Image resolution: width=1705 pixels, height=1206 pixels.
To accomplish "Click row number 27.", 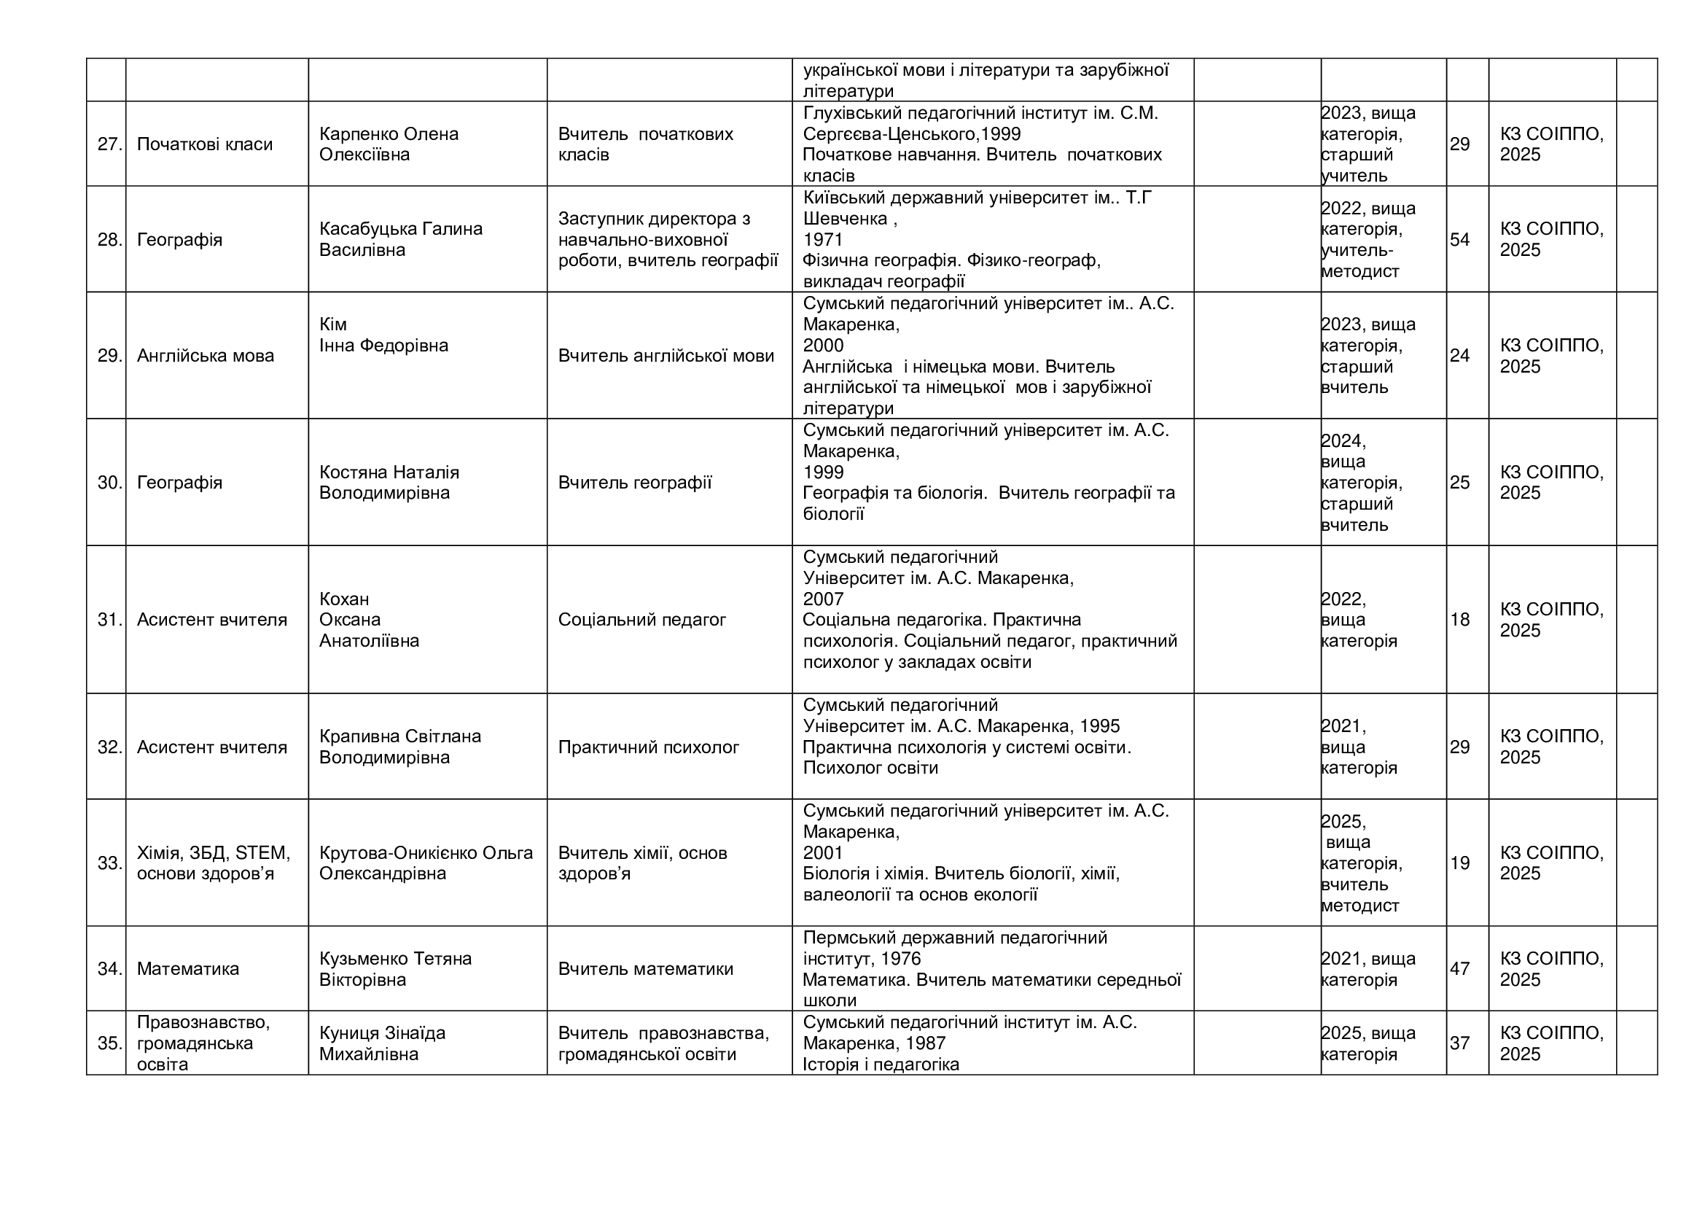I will coord(109,144).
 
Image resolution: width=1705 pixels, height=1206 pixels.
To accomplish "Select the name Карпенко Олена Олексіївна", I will coord(389,144).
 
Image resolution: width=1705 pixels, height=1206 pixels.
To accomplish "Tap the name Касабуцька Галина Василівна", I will coord(401,239).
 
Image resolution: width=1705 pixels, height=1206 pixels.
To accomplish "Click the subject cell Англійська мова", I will coord(206,356).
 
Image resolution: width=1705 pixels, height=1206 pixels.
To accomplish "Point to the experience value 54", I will coord(1460,240).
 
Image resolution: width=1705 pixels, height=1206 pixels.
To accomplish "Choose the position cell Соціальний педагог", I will coord(641,619).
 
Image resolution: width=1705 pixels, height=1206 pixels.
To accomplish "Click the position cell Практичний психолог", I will coord(648,747).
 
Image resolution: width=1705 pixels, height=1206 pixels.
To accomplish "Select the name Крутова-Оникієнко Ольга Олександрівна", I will coord(426,863).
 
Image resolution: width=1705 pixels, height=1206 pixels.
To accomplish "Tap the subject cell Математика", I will coord(188,969).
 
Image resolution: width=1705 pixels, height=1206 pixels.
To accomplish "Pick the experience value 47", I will coord(1460,969).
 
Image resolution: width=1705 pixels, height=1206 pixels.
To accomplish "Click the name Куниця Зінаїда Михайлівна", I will coord(383,1043).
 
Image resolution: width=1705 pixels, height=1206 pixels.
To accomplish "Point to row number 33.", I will coord(109,863).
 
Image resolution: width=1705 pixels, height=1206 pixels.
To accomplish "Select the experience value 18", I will coord(1460,620).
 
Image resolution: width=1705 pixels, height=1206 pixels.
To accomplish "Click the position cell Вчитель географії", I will coord(635,483).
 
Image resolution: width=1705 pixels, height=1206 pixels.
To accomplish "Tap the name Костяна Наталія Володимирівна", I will coord(389,483).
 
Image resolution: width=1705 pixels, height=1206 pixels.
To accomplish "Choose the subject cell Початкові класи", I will coord(205,144).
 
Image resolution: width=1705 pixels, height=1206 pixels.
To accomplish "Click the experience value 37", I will coord(1460,1043).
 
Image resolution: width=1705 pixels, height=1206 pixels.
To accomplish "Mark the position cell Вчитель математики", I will coord(645,969).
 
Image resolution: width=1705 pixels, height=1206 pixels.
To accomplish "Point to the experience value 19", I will coord(1460,863).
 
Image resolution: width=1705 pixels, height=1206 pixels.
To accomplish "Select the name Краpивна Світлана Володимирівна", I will coord(400,747).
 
